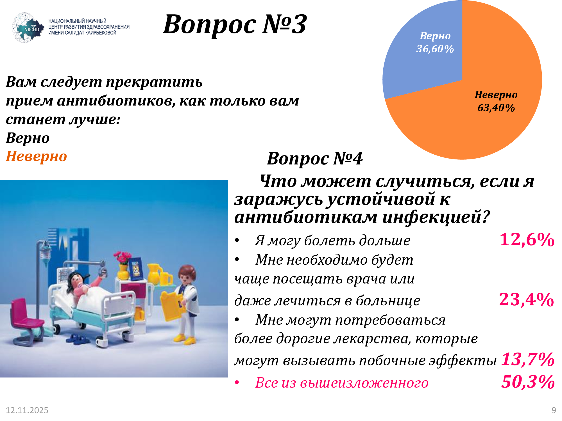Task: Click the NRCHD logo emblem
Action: (x=28, y=28)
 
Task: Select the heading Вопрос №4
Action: (x=315, y=159)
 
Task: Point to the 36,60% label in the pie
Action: (x=435, y=49)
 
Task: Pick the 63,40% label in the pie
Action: (x=496, y=108)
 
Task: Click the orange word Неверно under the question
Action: (x=36, y=156)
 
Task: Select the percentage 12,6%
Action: (x=527, y=240)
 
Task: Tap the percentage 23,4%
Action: (x=526, y=299)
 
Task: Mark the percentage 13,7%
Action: (x=528, y=359)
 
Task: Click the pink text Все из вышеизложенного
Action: (x=342, y=383)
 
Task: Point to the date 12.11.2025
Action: (x=27, y=410)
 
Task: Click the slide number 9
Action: (x=554, y=410)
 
